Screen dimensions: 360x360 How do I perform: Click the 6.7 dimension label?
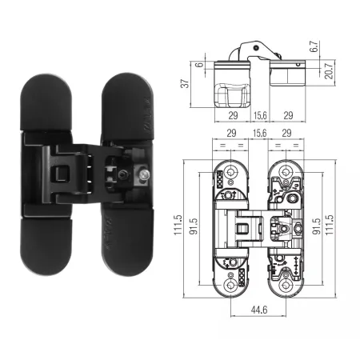point(315,46)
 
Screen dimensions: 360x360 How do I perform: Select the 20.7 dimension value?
point(330,70)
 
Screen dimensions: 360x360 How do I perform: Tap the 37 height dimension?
point(185,83)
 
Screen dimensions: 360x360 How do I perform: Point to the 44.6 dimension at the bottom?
point(259,310)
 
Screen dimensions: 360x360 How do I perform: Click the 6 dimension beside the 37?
point(200,64)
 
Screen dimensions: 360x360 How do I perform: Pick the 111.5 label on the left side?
point(178,225)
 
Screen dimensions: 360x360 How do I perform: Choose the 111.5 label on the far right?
point(330,225)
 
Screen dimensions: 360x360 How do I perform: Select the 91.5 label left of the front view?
point(194,226)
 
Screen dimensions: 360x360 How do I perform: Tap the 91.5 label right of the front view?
point(317,226)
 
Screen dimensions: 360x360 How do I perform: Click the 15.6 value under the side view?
point(260,115)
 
